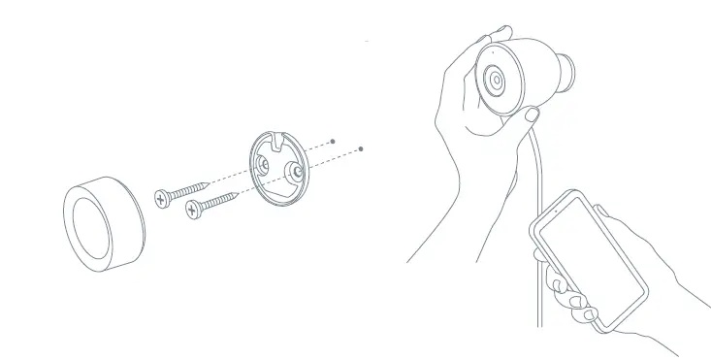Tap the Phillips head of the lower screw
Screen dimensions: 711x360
point(192,207)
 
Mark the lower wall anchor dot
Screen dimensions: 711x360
point(361,149)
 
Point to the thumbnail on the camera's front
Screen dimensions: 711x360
point(532,115)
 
